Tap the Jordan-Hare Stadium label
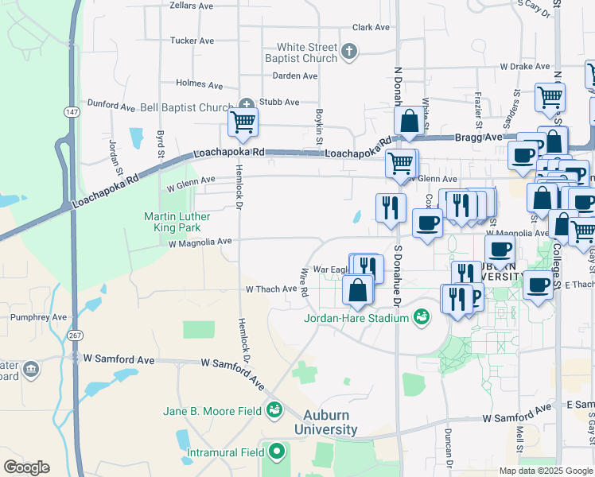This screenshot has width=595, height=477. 356,319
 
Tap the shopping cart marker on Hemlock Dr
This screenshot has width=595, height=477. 243,122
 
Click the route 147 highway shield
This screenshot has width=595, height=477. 72,112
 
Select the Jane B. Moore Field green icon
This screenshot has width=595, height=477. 274,410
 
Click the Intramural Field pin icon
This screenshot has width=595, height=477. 277,452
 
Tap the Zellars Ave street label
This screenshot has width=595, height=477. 192,6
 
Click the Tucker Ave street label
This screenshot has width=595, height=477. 192,41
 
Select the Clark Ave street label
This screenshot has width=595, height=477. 371,27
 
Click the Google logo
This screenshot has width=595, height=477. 26,467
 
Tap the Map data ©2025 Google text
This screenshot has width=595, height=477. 545,471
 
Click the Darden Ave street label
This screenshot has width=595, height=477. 295,76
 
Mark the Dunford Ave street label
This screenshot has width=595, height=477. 111,105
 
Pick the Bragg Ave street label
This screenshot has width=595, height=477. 478,137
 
